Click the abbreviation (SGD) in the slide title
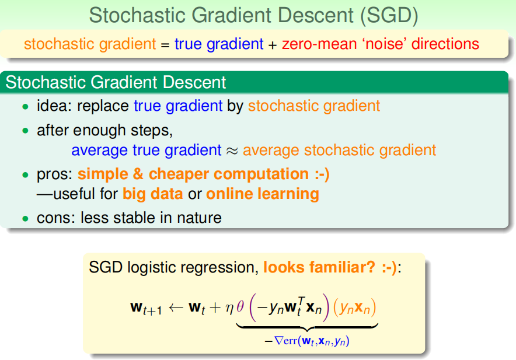(x=389, y=16)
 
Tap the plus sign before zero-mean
(x=273, y=45)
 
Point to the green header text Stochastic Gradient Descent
(x=116, y=82)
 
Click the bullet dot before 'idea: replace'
(x=25, y=107)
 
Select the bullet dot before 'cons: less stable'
(x=25, y=218)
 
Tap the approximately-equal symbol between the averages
(x=232, y=151)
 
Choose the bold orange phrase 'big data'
(x=153, y=194)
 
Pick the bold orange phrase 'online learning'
(x=263, y=194)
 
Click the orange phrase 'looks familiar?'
(x=319, y=267)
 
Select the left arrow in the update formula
(x=176, y=307)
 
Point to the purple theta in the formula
(x=240, y=307)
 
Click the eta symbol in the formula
(x=229, y=308)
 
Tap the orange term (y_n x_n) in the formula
(x=355, y=308)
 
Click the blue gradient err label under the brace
(x=306, y=341)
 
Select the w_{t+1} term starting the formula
(x=146, y=309)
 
